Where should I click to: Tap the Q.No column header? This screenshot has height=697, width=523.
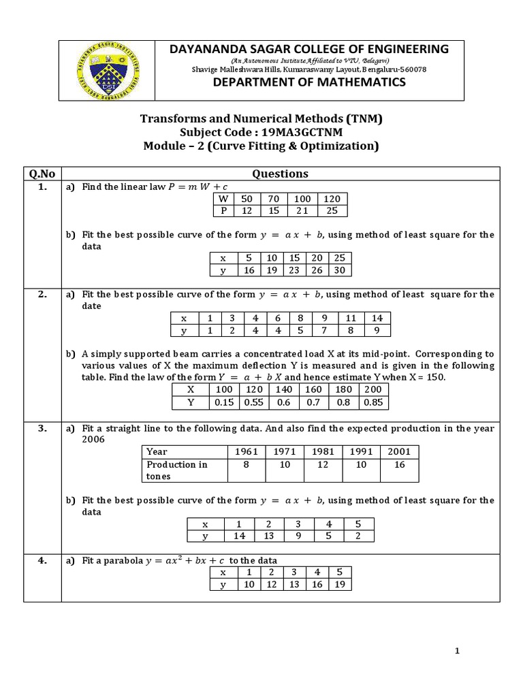point(42,174)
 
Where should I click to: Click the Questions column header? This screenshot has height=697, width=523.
point(280,174)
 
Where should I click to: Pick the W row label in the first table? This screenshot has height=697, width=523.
point(223,199)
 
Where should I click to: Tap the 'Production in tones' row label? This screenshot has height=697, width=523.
point(177,470)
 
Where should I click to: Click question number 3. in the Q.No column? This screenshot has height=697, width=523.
point(42,428)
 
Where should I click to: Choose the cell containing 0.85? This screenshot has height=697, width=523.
point(373,402)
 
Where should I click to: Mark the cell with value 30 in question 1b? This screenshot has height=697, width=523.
point(340,270)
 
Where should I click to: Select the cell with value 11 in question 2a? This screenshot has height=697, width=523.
point(351,318)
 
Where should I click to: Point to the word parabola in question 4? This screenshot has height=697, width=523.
point(122,560)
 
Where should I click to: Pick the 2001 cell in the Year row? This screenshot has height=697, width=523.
point(400,451)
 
